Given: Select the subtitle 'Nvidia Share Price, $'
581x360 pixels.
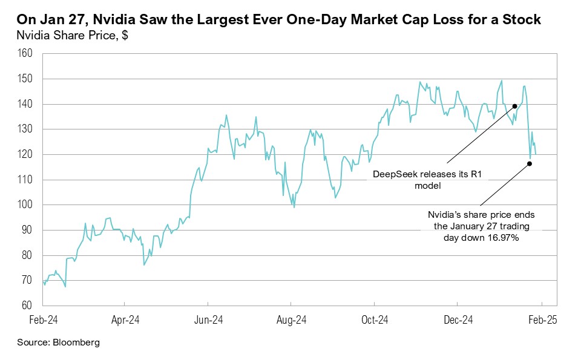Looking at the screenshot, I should point(72,35).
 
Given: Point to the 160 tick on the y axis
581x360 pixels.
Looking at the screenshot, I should point(25,54).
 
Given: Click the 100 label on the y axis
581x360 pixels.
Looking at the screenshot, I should point(25,205).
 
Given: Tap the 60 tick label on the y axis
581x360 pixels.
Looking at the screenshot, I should point(27,306).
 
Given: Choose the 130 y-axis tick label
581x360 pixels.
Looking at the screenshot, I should point(25,129).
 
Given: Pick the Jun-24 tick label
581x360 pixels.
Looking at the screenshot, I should point(207,319).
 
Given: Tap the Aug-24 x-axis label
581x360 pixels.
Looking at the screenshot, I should point(291,319).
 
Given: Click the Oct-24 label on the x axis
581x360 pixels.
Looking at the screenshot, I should point(374,319).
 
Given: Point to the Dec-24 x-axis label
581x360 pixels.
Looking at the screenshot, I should point(458,319).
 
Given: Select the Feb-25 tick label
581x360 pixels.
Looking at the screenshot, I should point(541,319).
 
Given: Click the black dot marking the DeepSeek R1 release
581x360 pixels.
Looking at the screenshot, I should point(514,106).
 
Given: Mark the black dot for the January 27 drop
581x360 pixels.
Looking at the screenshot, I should point(530,163).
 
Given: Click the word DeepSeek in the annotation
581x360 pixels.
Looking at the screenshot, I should point(395,175).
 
